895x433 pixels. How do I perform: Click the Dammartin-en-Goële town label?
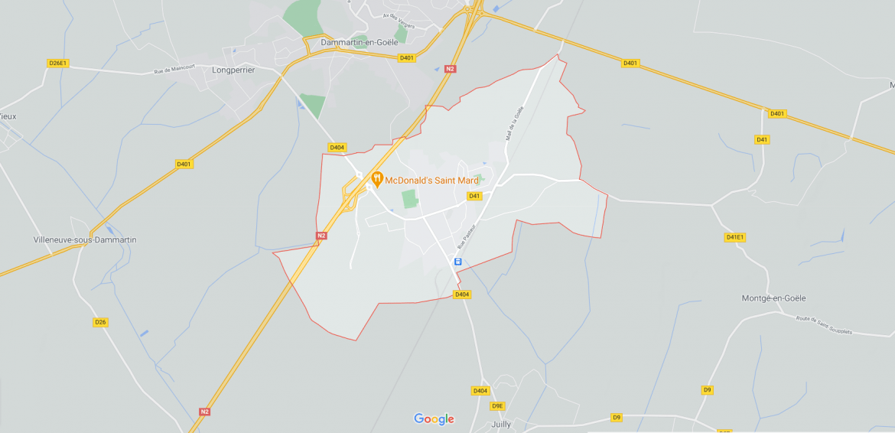(360, 42)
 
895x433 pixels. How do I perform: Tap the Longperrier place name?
(233, 70)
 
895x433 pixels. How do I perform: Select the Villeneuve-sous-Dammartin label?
(85, 239)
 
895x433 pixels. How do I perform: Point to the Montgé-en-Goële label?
(773, 298)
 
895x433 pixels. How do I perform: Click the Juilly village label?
(502, 423)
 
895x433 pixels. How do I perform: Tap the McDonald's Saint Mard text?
(431, 181)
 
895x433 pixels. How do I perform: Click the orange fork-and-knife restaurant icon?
(376, 179)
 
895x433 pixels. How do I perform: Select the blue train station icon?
(457, 262)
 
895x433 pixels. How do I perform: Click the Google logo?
(434, 418)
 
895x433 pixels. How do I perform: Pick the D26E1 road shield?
(57, 63)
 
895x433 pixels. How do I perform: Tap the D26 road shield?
(100, 322)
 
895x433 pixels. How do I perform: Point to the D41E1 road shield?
(734, 237)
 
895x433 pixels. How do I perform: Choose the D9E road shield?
(497, 405)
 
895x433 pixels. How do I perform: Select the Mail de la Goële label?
(515, 122)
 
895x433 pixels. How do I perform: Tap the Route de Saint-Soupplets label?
(823, 325)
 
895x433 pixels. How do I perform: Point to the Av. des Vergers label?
(399, 21)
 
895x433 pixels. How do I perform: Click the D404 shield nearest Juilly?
(480, 391)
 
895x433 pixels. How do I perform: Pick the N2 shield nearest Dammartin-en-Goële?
(450, 69)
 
